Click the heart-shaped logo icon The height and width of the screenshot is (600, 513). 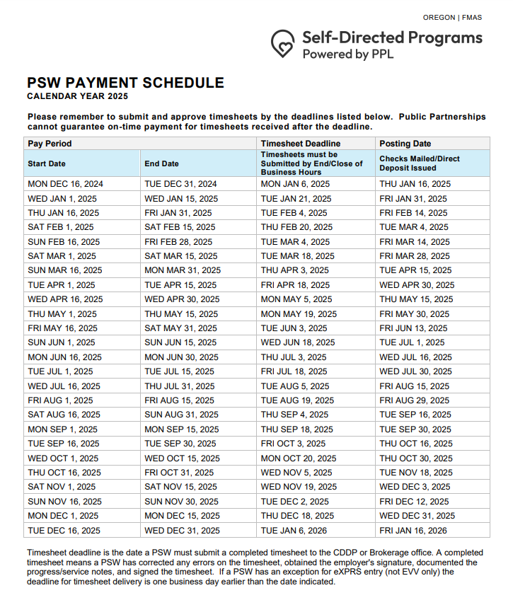coord(283,44)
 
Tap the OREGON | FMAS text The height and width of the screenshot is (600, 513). coord(452,18)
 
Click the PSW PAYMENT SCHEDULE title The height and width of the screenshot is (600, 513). coord(125,83)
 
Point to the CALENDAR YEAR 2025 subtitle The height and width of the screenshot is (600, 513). coord(78,96)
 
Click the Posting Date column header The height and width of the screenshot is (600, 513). coord(405,143)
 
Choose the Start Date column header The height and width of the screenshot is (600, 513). coord(47,163)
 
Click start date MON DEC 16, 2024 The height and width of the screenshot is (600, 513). coord(65,184)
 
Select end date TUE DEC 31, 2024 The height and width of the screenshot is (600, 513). coord(181,184)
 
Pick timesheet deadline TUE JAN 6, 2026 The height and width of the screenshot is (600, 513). coord(294,530)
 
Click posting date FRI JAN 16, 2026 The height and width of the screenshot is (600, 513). coord(413,530)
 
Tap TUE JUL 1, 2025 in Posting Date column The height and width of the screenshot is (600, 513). coord(412,342)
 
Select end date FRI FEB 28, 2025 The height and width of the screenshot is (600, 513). coord(178,241)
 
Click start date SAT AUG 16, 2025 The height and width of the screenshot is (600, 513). coord(64,415)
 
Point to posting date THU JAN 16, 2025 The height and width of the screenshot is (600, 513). coord(415,184)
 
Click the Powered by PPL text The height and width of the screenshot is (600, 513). coord(347,54)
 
